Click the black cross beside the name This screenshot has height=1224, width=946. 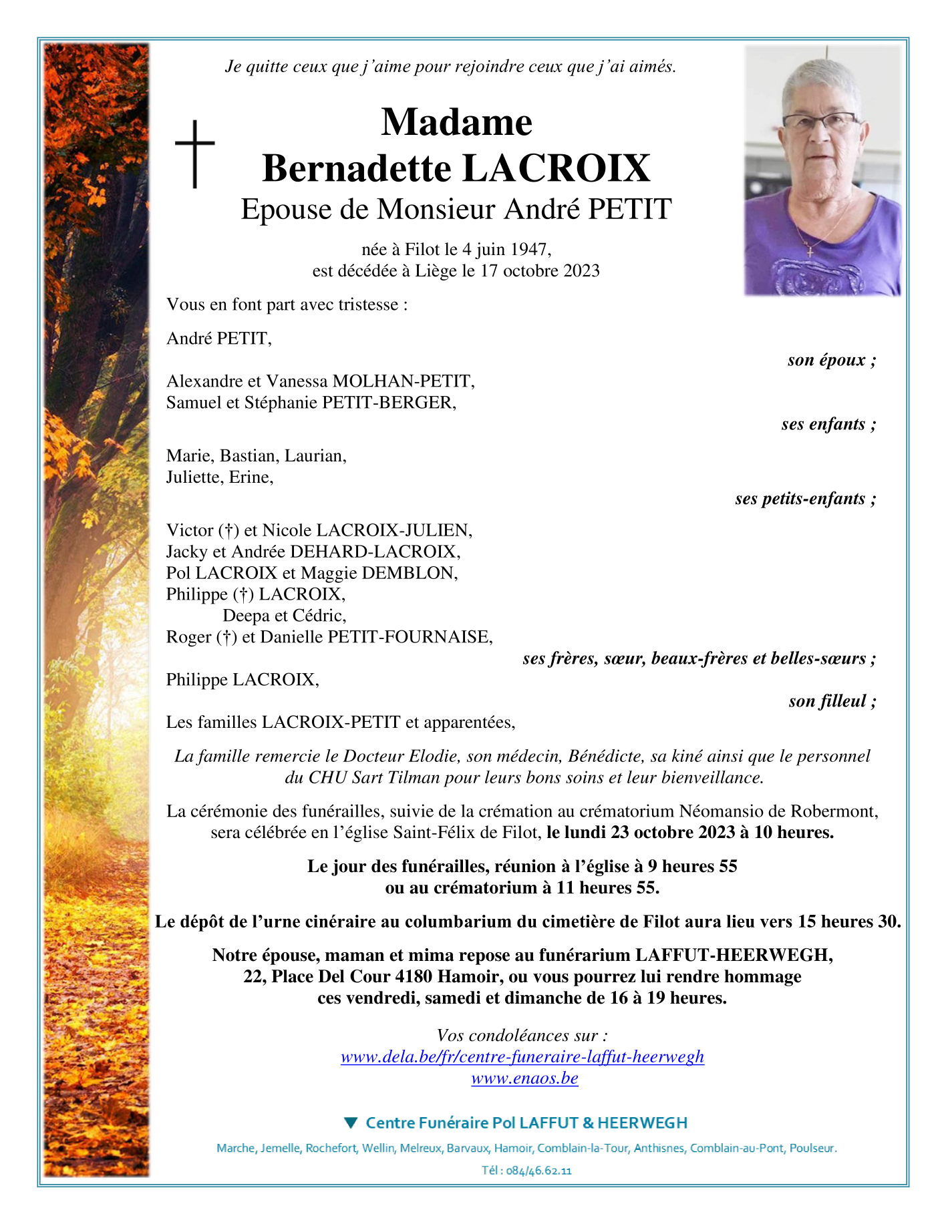pos(194,154)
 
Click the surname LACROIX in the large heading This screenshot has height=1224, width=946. pos(556,168)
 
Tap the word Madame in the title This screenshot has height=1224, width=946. pos(457,122)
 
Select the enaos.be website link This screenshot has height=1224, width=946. pos(524,1078)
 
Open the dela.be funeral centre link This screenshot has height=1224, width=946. pos(522,1056)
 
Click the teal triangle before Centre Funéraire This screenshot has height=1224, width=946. pos(351,1123)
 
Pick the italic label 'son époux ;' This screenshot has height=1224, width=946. pos(831,360)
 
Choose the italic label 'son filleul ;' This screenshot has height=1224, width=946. pos(832,700)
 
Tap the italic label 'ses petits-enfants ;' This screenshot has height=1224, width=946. pos(805,498)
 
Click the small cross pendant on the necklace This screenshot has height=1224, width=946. pos(810,251)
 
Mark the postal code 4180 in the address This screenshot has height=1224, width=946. pos(414,976)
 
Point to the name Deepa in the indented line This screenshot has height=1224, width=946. pos(245,615)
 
